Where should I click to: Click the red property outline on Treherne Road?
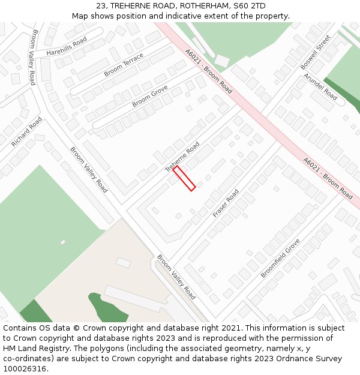[x=184, y=179]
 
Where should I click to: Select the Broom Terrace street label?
[x=124, y=65]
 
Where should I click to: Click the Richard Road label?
[x=26, y=132]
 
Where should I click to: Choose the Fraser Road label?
[x=226, y=203]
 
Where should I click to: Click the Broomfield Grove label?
[x=280, y=258]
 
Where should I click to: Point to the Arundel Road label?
[x=320, y=86]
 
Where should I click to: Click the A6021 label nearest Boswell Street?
[x=209, y=71]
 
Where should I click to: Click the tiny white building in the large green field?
[x=63, y=242]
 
